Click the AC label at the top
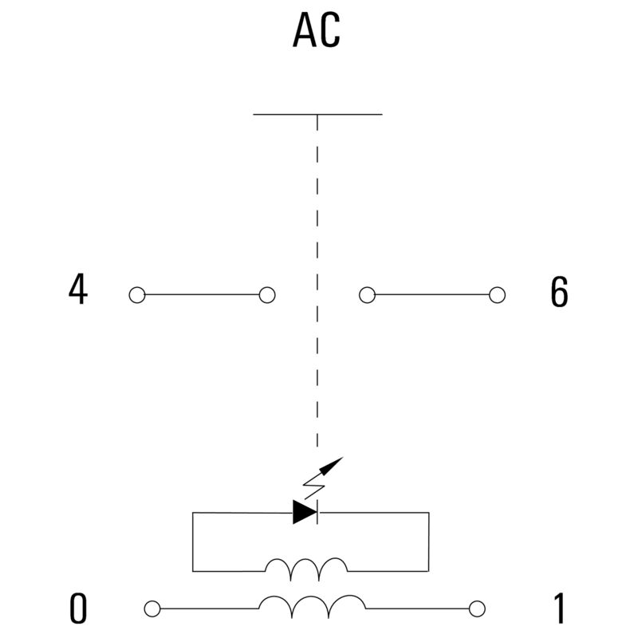tap(316, 30)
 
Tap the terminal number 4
tap(77, 289)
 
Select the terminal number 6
tap(559, 291)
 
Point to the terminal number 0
tap(78, 608)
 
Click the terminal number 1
tap(560, 608)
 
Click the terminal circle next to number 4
tap(137, 295)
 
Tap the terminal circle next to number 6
tap(497, 295)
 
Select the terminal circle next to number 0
tap(152, 609)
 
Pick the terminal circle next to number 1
tap(477, 609)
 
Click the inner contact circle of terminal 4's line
tap(267, 295)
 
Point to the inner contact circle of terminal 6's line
tap(367, 295)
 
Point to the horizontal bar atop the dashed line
tap(317, 114)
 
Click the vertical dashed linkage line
tap(317, 281)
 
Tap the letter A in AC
tap(305, 30)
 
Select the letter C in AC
tap(329, 30)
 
